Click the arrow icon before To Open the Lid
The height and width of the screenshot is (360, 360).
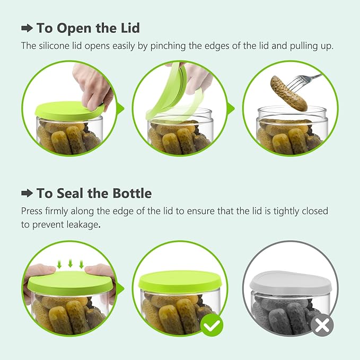click(27, 28)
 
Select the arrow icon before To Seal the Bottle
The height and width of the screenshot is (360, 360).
click(27, 194)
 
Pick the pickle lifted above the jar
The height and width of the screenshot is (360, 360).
click(289, 93)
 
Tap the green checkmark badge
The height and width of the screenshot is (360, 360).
click(212, 325)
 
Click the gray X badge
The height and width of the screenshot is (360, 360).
click(322, 325)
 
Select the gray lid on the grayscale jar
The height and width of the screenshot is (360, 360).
click(291, 283)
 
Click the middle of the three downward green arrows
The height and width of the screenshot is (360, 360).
click(71, 263)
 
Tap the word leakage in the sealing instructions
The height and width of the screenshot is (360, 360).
click(83, 225)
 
